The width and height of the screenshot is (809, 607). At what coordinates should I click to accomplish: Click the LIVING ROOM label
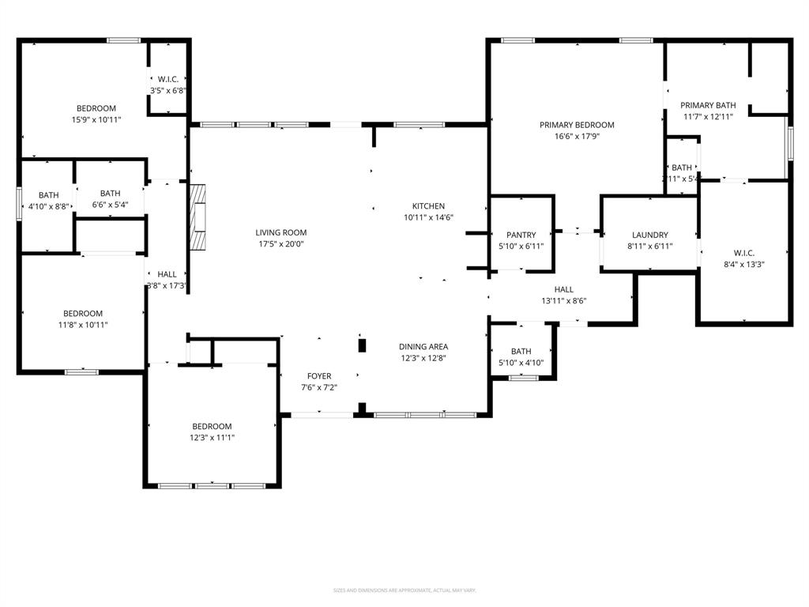280,232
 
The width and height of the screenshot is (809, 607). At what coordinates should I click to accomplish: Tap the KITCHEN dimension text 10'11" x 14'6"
428,217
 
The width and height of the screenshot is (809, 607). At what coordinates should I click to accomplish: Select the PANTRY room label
521,235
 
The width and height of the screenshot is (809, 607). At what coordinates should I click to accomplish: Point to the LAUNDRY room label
650,235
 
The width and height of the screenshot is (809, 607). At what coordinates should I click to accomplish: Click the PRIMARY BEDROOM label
577,125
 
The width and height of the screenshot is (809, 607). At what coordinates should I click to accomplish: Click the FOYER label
319,376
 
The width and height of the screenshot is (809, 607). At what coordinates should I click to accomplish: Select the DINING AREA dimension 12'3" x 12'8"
423,358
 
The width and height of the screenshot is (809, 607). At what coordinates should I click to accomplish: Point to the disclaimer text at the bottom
404,590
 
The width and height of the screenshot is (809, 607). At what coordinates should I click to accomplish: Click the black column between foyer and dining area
363,345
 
